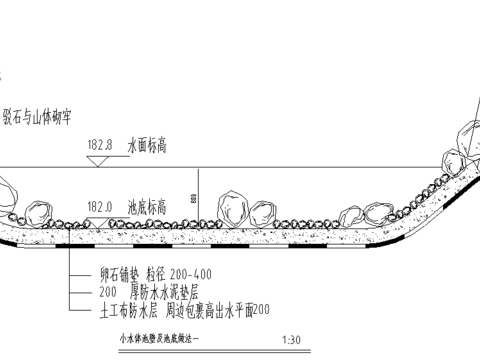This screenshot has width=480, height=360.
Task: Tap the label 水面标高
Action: coord(146,146)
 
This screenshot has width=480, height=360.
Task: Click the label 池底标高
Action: coord(146,206)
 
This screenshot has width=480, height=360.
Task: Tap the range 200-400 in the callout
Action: coord(187,273)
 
